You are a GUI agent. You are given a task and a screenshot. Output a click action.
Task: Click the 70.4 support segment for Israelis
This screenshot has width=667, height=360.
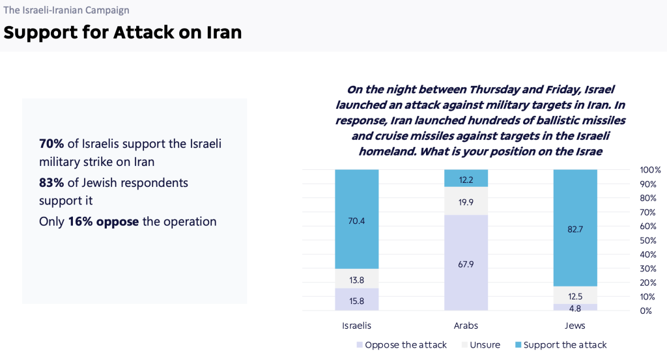coord(357,219)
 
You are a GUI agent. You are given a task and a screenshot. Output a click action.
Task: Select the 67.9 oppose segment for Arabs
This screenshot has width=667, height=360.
coord(466,262)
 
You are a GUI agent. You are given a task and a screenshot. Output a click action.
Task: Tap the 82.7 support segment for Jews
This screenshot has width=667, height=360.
coord(575,228)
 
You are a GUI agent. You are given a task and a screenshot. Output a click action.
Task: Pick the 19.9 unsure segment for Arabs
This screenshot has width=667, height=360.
coord(466,201)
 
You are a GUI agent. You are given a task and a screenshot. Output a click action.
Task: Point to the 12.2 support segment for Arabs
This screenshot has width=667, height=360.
coord(466,178)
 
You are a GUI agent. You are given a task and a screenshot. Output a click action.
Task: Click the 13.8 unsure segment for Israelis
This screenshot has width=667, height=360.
coord(357,279)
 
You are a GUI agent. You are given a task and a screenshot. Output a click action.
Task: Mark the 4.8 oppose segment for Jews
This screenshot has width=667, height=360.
coord(575,307)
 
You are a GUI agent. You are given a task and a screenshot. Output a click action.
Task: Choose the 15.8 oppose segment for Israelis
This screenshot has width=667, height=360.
coord(357,299)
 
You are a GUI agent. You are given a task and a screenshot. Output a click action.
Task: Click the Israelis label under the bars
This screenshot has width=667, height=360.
coord(357,325)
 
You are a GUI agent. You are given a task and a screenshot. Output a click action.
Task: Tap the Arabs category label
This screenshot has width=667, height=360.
coord(466,325)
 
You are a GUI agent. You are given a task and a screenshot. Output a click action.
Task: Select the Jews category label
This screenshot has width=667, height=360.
coord(575,325)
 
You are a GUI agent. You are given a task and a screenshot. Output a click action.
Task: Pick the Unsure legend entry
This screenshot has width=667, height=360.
coord(482,345)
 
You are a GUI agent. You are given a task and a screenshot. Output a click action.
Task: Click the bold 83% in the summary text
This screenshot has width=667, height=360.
coord(51,183)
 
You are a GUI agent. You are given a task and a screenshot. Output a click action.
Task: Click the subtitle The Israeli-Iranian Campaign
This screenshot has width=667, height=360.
coord(66,10)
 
